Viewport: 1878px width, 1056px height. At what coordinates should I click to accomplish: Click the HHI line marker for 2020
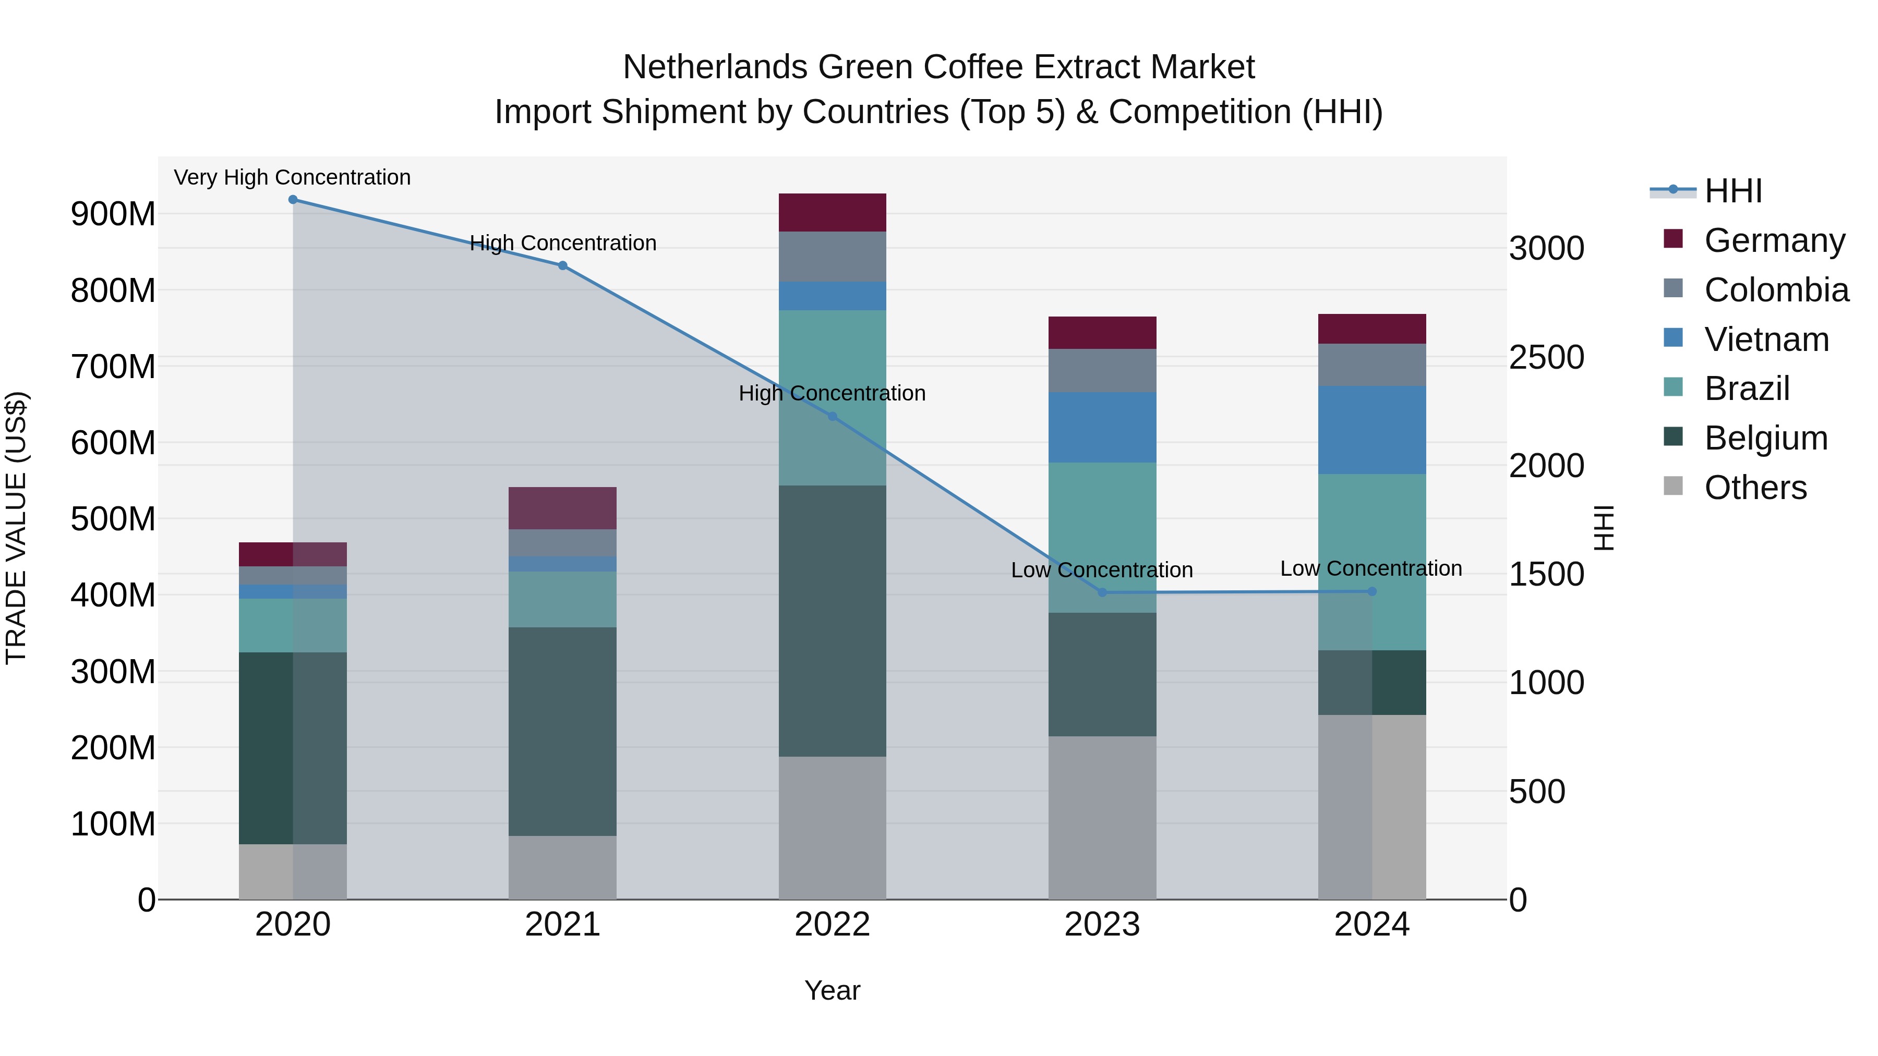coord(293,200)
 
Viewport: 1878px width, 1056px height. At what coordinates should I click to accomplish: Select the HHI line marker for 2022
coord(833,417)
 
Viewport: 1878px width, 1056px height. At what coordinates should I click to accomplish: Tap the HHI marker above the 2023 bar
coord(1102,592)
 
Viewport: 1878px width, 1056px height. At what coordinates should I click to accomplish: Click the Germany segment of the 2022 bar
coord(833,213)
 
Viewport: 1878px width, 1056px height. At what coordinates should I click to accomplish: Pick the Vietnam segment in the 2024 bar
coord(1372,430)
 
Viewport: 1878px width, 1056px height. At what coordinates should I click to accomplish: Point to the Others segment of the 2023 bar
coord(1102,817)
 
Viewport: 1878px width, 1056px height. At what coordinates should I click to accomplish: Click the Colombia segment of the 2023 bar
coord(1102,370)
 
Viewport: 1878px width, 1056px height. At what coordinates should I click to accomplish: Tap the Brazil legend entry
coord(1747,389)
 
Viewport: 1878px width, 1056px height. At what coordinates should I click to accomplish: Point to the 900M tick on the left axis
coord(113,214)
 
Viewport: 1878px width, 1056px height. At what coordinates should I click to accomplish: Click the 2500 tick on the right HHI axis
coord(1546,358)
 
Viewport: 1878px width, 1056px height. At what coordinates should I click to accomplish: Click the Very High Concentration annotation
coord(292,177)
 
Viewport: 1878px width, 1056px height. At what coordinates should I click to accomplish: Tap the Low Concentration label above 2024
coord(1370,568)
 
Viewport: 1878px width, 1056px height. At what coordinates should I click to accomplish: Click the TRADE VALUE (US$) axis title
coord(16,528)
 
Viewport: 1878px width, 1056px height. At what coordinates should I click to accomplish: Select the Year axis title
coord(832,990)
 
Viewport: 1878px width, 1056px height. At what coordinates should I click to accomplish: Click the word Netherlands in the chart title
coord(715,67)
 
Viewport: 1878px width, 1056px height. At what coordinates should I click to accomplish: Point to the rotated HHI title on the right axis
coord(1605,528)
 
